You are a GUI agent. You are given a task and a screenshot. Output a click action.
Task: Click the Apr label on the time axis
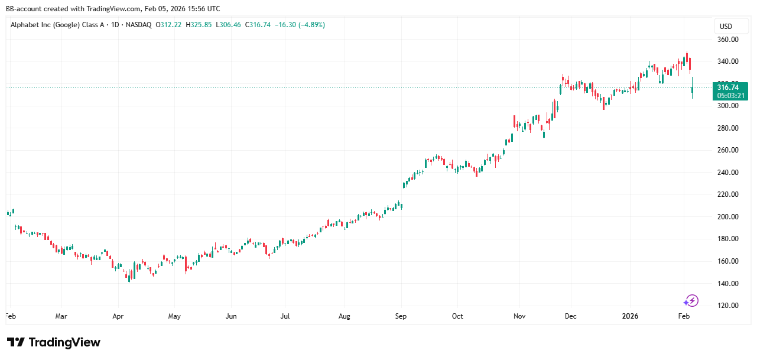tap(118, 316)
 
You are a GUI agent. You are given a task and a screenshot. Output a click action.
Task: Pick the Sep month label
tap(401, 316)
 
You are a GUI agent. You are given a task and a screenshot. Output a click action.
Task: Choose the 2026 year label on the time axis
tap(631, 316)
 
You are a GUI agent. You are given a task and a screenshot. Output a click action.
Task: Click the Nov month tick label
tap(519, 316)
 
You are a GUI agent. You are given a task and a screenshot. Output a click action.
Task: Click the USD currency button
tap(726, 26)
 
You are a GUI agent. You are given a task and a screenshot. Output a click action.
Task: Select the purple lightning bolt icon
tap(691, 300)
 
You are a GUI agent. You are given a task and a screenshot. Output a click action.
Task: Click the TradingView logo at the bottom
tap(54, 343)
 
